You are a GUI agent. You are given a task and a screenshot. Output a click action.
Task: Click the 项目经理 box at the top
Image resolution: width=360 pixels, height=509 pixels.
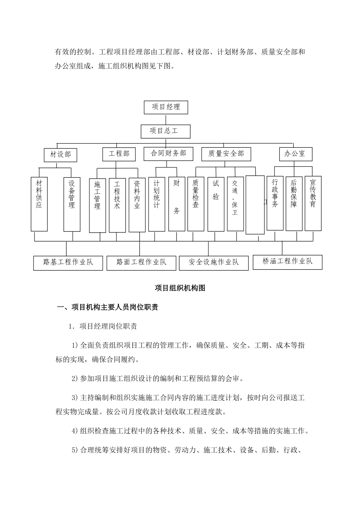(166, 107)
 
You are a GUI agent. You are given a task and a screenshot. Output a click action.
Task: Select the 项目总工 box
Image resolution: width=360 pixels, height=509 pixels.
(165, 131)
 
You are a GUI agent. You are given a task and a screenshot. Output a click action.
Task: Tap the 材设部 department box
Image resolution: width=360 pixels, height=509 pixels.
(60, 155)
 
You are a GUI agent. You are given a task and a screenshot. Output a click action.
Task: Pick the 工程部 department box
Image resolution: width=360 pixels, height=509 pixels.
(119, 153)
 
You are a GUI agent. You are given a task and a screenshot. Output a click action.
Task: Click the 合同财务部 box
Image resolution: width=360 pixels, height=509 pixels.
(168, 153)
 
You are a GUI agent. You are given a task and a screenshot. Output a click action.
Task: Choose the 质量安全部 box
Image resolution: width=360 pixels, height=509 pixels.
(226, 154)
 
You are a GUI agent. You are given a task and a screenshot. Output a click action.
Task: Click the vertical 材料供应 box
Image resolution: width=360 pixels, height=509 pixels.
(39, 204)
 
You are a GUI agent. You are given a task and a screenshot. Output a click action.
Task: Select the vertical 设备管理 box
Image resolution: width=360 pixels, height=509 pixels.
(72, 205)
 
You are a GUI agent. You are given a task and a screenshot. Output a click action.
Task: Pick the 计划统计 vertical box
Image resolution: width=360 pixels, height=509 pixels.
(157, 204)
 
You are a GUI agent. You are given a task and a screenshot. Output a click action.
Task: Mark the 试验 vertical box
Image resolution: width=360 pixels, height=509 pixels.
(216, 204)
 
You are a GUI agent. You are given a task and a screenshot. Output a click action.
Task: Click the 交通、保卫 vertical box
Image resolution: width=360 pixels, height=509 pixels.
(235, 204)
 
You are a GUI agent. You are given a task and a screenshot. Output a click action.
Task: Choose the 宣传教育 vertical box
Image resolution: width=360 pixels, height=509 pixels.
(313, 203)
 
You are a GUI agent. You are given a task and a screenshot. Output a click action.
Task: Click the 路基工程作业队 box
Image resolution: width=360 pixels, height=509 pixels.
(68, 262)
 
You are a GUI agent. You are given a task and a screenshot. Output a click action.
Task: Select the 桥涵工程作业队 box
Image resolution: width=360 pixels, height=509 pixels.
(287, 262)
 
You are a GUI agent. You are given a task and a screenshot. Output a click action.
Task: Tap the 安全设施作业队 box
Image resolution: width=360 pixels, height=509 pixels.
(214, 262)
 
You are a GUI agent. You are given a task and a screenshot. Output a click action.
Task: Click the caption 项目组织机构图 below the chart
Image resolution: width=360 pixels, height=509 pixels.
(180, 288)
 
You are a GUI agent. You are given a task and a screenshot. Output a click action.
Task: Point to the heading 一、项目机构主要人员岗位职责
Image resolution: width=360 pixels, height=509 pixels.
(107, 308)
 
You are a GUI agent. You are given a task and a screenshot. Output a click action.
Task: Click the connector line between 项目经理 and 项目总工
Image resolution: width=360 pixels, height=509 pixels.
(166, 119)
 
